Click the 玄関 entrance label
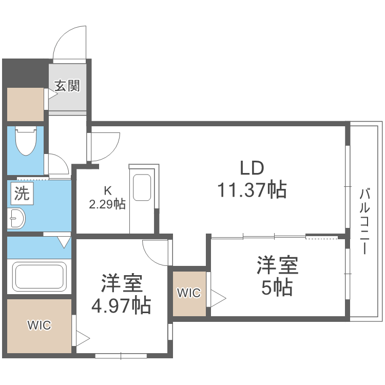coord(68,86)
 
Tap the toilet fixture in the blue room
coord(25,141)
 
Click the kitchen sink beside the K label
coord(142,188)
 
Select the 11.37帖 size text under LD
coord(252,190)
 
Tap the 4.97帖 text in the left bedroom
coord(121,306)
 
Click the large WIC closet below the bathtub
coord(39,325)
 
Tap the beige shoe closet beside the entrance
coord(25,104)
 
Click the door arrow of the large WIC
coord(82,339)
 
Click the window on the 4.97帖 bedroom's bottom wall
coord(121,355)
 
